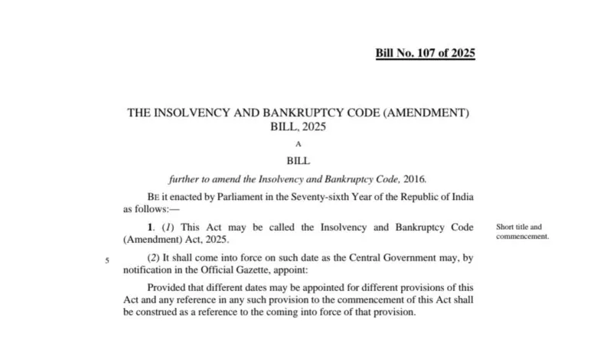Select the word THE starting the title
pyautogui.click(x=139, y=113)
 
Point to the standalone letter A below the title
pyautogui.click(x=298, y=143)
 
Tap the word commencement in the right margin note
pyautogui.click(x=523, y=236)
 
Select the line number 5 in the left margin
pyautogui.click(x=106, y=260)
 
